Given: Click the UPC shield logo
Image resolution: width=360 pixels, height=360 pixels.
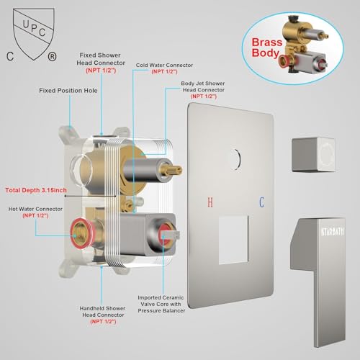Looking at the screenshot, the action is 33,34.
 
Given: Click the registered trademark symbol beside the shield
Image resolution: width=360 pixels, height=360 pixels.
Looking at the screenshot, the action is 52,57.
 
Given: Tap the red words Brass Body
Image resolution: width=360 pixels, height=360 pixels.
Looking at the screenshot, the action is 266,48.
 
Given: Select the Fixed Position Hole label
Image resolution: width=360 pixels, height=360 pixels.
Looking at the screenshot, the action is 68,91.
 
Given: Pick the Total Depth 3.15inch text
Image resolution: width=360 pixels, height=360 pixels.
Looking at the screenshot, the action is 36,190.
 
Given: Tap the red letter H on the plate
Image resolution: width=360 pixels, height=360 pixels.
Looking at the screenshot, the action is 210,202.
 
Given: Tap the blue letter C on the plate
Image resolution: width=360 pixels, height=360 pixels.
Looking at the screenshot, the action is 261,202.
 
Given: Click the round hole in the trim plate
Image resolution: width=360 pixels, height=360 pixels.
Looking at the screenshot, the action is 235,159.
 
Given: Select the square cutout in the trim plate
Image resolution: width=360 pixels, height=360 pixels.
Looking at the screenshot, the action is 233,240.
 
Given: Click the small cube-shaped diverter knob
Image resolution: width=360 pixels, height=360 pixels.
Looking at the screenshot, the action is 313,154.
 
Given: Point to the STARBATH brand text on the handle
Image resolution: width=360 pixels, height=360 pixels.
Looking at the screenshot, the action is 333,231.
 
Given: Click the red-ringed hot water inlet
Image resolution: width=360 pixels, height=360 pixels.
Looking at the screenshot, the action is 81,232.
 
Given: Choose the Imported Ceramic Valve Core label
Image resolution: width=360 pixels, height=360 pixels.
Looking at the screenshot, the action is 161,304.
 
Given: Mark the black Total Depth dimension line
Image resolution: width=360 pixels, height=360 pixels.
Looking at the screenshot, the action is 91,196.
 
